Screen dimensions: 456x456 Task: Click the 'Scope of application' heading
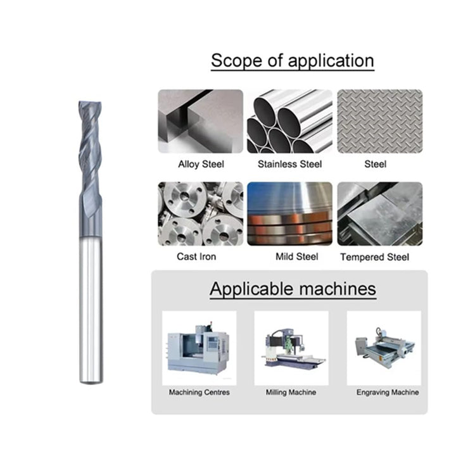[292, 61]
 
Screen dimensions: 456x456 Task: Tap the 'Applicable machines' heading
[293, 289]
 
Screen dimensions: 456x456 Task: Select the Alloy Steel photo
[200, 121]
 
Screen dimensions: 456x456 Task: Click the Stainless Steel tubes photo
[289, 121]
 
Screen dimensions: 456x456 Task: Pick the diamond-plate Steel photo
[380, 121]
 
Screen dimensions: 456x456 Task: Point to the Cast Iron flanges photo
[200, 214]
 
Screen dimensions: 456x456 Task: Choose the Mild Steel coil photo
[289, 214]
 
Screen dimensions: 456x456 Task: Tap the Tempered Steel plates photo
[380, 214]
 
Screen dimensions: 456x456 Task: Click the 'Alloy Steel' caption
[201, 164]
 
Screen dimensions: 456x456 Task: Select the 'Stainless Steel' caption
[289, 164]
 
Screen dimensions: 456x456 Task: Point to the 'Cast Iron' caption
[196, 256]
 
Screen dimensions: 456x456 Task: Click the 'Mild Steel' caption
[297, 256]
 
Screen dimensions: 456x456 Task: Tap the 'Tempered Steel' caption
[374, 257]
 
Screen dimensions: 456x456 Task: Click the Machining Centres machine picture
[199, 348]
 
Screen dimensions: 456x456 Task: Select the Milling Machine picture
[291, 348]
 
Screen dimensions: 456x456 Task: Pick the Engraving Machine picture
[384, 348]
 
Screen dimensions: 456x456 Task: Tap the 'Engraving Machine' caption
[388, 392]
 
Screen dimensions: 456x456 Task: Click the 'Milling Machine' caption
[291, 392]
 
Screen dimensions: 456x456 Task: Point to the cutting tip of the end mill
[90, 103]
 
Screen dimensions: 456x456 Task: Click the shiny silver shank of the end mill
[91, 310]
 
